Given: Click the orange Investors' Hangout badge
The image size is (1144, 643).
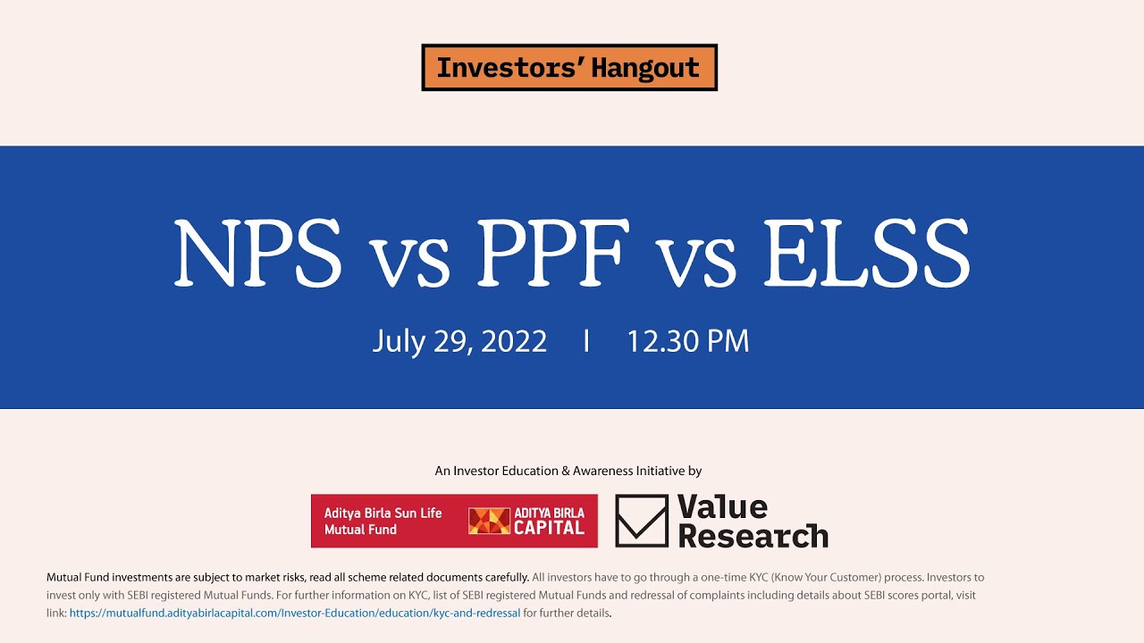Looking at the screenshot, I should (569, 68).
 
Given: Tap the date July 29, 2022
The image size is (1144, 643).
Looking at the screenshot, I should (459, 341).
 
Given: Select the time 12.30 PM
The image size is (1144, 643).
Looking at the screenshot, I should (687, 341).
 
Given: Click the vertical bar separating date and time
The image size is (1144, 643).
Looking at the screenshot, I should (586, 341).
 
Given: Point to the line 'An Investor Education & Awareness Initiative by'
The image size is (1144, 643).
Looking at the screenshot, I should (568, 471).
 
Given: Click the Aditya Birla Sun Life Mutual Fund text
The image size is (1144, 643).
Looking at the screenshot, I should (383, 522).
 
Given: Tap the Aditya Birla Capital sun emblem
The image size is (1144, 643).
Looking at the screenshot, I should (489, 522).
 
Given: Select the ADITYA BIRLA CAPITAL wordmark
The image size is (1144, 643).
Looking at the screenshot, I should (549, 522).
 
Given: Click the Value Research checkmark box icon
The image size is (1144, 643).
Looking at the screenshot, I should (641, 522).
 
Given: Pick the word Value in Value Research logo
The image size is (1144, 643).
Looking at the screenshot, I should (722, 507).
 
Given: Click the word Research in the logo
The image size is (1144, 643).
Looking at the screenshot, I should (753, 536).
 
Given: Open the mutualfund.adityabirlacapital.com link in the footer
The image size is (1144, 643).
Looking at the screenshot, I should (295, 614).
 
